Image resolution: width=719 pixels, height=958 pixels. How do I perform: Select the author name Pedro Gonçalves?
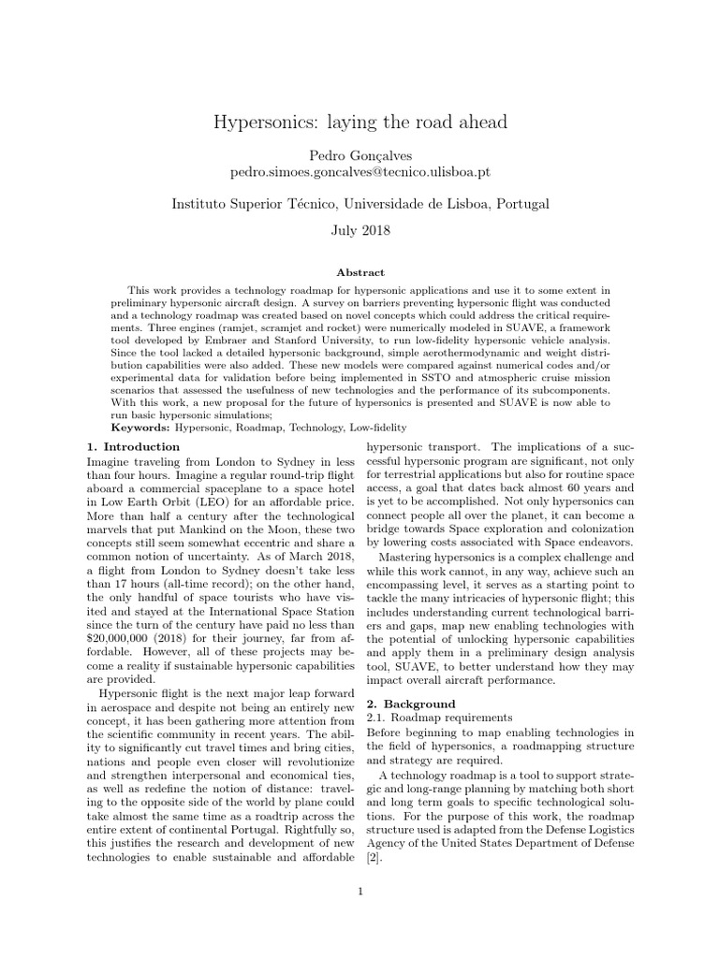pos(359,154)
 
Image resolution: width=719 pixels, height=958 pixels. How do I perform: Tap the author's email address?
pos(359,173)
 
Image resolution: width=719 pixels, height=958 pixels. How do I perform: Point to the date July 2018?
pos(359,229)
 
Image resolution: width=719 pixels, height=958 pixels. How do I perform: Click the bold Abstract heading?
pos(359,272)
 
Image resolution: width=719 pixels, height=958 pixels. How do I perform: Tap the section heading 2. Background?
pos(410,703)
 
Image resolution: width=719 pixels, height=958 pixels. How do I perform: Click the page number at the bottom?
pos(359,891)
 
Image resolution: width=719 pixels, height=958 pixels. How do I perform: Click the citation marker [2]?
pos(374,858)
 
